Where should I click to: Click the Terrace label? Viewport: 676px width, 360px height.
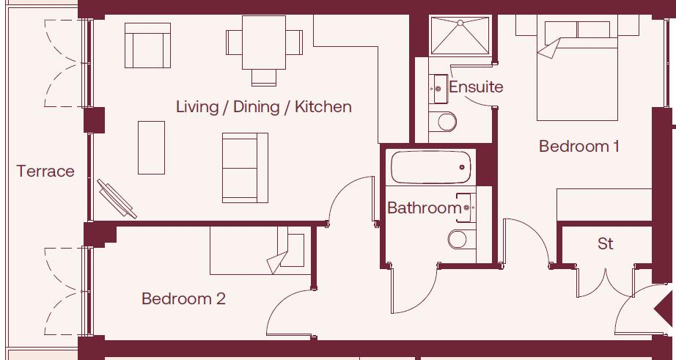[45, 172]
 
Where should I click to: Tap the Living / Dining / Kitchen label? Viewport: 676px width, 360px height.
[263, 107]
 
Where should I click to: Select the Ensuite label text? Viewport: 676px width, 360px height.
[476, 87]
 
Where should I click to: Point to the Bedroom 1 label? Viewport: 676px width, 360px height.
[578, 147]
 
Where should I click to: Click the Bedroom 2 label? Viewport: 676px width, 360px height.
[183, 299]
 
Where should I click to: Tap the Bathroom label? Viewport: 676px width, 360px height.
[424, 208]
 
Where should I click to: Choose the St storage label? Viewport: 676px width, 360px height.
[605, 243]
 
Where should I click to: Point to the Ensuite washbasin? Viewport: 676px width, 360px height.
[438, 89]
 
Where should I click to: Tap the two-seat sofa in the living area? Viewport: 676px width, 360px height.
[240, 168]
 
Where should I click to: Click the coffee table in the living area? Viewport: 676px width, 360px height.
[152, 147]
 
